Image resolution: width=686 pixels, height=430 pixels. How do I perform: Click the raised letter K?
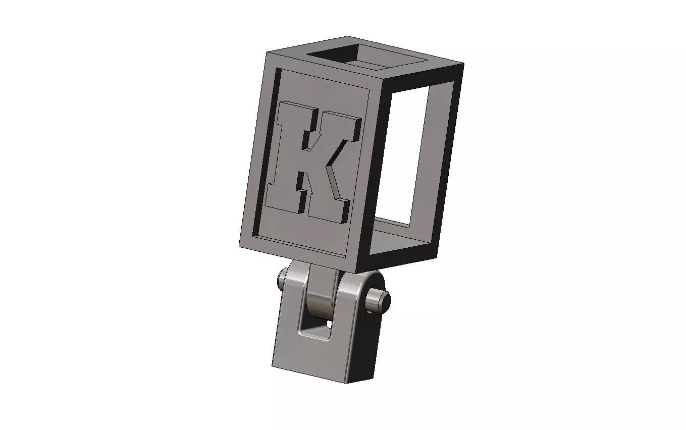(x=308, y=156)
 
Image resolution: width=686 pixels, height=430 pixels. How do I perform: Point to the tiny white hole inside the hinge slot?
(x=329, y=323)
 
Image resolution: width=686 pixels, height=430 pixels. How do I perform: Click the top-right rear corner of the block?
(x=461, y=65)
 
